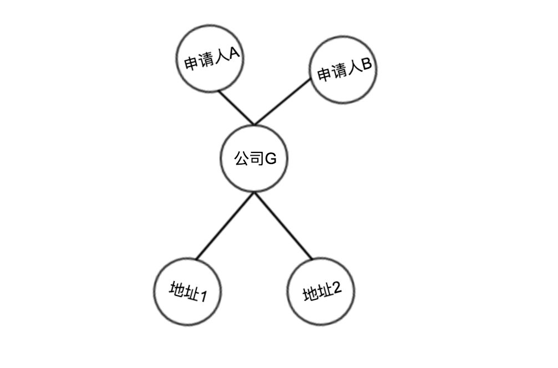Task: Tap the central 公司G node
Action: click(x=255, y=159)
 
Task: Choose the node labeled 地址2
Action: click(x=322, y=292)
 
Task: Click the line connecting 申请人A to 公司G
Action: click(x=236, y=108)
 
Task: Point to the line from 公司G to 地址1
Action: click(x=225, y=226)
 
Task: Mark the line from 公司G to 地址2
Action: click(x=283, y=226)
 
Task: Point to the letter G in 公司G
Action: click(x=270, y=159)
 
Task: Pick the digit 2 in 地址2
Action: click(x=336, y=289)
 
